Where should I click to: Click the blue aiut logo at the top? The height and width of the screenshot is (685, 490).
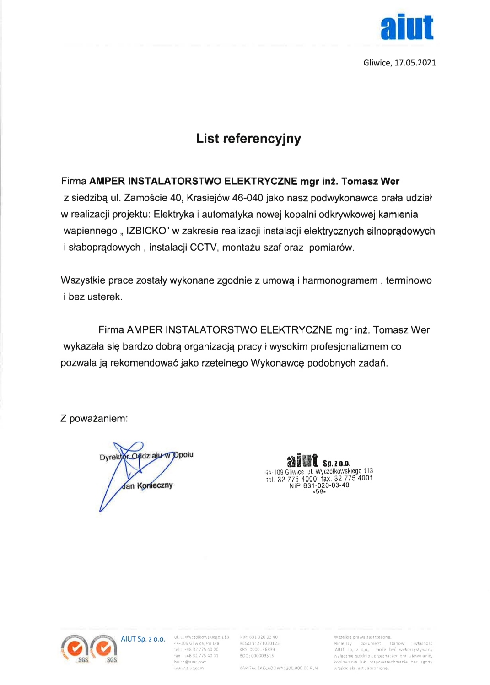tap(407, 27)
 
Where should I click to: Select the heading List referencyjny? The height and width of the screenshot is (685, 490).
tap(248, 139)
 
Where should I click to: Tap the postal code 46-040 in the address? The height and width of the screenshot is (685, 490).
tap(248, 198)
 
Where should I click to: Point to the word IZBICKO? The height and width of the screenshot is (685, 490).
tap(146, 231)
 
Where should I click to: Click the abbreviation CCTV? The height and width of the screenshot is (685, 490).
tap(203, 248)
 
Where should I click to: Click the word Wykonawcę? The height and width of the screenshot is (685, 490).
tap(277, 363)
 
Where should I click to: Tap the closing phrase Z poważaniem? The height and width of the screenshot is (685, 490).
tap(94, 418)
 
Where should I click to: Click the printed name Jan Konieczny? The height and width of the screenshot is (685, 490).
tap(147, 485)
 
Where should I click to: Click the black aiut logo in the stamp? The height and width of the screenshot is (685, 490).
tap(302, 460)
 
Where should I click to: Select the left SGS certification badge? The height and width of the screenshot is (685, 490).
tap(75, 648)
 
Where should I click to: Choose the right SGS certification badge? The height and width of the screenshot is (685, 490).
tap(104, 648)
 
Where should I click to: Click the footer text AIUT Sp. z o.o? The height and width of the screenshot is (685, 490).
tap(143, 639)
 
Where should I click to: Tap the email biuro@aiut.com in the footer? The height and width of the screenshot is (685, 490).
tap(190, 662)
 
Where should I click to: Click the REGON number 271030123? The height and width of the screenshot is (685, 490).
tap(268, 643)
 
